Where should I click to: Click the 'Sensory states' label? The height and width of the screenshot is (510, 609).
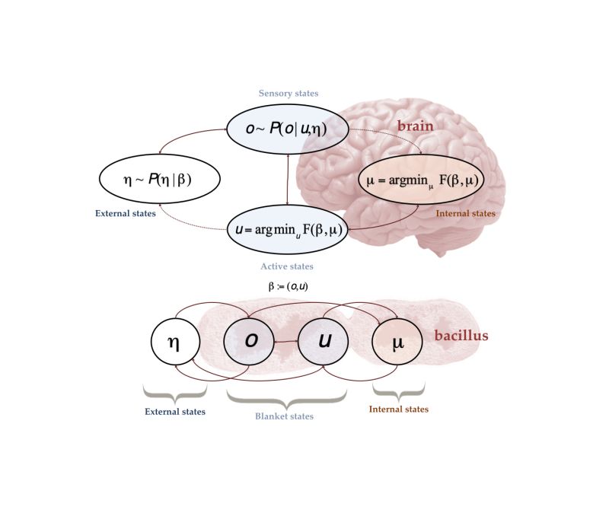pyautogui.click(x=289, y=93)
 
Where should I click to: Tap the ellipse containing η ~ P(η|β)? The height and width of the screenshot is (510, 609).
pyautogui.click(x=160, y=180)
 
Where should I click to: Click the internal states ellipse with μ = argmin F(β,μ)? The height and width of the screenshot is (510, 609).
pyautogui.click(x=421, y=180)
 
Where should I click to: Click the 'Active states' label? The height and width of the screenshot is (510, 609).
pyautogui.click(x=287, y=266)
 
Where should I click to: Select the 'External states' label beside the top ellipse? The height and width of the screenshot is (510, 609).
pyautogui.click(x=126, y=213)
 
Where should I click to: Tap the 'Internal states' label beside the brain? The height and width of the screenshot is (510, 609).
pyautogui.click(x=465, y=214)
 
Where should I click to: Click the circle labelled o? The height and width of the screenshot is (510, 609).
pyautogui.click(x=250, y=342)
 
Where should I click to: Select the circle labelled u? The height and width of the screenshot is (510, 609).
pyautogui.click(x=324, y=342)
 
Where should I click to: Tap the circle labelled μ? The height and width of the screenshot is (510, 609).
pyautogui.click(x=397, y=343)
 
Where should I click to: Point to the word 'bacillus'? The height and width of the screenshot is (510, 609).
pyautogui.click(x=461, y=336)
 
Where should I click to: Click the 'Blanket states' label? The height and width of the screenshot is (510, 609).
pyautogui.click(x=285, y=416)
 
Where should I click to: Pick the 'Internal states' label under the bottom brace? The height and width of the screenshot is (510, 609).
pyautogui.click(x=398, y=409)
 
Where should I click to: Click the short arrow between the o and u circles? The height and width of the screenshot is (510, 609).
pyautogui.click(x=287, y=342)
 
